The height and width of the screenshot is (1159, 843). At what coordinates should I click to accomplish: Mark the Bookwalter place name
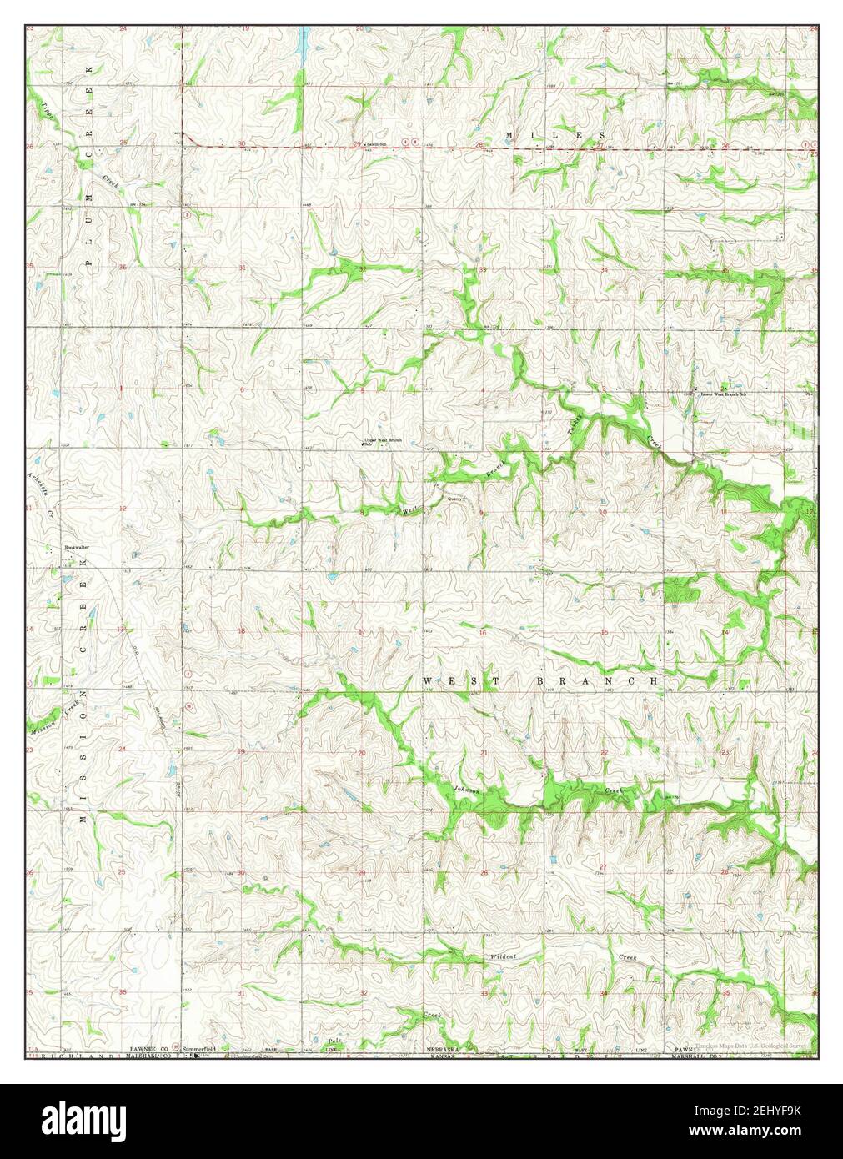(77, 547)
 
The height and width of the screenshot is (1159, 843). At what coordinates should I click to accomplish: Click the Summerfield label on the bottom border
(200, 1048)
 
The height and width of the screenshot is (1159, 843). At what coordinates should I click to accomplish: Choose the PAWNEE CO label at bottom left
(148, 1048)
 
